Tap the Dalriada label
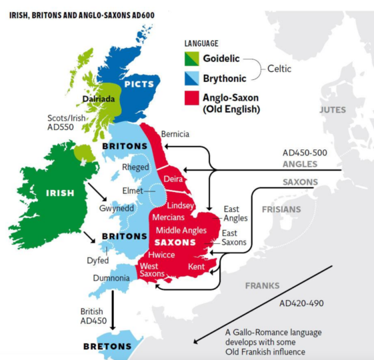[100, 99]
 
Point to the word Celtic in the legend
[284, 68]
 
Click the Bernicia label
[175, 134]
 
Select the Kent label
[195, 266]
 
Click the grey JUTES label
[333, 109]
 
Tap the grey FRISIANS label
[280, 209]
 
